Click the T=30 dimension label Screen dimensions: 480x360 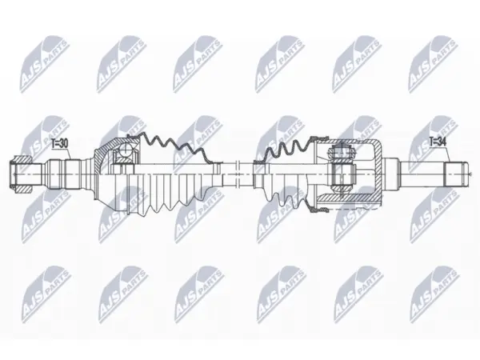click(60, 143)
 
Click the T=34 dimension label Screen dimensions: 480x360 click(438, 141)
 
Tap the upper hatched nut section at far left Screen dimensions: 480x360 click(22, 160)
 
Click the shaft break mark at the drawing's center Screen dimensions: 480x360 click(237, 174)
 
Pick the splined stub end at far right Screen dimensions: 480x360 click(457, 174)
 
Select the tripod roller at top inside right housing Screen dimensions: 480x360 click(342, 151)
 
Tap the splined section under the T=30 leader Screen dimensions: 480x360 click(63, 174)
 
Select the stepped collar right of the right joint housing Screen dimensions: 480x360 click(391, 174)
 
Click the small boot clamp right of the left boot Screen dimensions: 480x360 click(217, 168)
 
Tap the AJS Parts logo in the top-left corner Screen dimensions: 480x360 click(44, 64)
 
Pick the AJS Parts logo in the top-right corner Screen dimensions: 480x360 click(434, 64)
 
